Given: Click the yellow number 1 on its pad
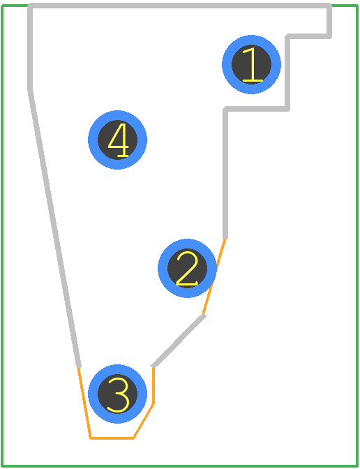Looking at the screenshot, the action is click(252, 65).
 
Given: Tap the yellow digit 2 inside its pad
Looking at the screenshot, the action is click(187, 268).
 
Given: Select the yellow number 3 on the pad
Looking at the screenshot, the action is click(118, 395).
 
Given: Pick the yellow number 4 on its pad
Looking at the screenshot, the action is click(118, 140).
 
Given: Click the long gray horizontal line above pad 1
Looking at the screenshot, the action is click(179, 6).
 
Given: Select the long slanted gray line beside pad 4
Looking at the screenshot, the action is click(54, 228).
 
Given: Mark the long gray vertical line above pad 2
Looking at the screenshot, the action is click(225, 174).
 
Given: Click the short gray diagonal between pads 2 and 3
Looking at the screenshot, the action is click(179, 341).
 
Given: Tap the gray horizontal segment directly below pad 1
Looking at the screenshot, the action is click(256, 109).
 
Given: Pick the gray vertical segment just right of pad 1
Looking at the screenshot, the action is click(287, 72).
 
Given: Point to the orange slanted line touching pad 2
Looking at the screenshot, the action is click(213, 276).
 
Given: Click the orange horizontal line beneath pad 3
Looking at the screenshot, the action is click(112, 438).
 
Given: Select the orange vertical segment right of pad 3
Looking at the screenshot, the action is click(153, 385).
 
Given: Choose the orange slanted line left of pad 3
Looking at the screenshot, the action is click(84, 403).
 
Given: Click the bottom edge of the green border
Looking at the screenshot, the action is click(179, 466).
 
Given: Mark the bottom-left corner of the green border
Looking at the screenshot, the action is click(2, 466).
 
